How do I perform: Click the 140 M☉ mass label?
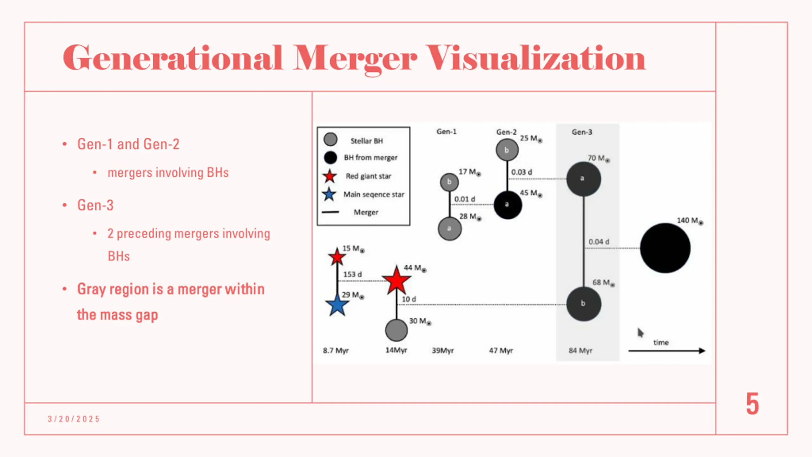pos(689,221)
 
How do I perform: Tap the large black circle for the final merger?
pos(665,248)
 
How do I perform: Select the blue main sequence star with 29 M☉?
pos(337,305)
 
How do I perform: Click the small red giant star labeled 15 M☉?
pos(337,256)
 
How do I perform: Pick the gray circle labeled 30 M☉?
pos(396,330)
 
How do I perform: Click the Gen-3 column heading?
pos(582,132)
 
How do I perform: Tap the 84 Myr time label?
pos(580,350)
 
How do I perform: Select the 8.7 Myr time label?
pos(336,350)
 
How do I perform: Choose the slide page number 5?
pos(752,404)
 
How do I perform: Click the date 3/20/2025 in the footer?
pos(74,419)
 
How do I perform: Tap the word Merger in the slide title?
pos(354,58)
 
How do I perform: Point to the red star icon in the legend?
pos(330,176)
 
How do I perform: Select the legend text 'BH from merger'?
pos(370,158)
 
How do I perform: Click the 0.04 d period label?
pos(599,242)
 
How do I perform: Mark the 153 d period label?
pos(352,274)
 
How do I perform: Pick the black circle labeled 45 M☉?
pos(507,205)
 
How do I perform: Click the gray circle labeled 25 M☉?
pos(507,150)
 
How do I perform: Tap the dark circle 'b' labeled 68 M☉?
pos(583,304)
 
